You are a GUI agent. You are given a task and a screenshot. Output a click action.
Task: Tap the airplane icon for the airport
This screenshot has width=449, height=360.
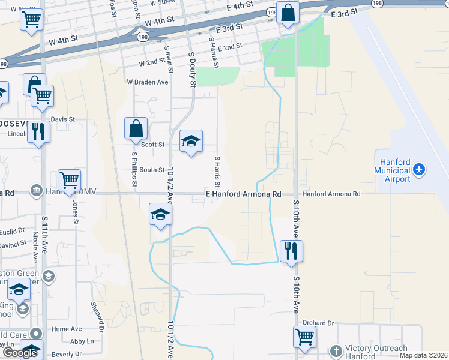pos(419,170)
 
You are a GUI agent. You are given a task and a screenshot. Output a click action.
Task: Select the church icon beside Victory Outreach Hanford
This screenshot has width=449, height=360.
pos(336,350)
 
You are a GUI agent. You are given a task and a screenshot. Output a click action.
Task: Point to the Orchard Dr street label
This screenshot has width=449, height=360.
pos(318,323)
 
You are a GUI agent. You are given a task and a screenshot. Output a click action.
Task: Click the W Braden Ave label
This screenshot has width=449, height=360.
pos(147,82)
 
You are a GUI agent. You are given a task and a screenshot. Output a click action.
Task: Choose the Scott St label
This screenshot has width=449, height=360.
pos(152,145)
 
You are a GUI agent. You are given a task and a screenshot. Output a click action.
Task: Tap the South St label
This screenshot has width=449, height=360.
pos(152,170)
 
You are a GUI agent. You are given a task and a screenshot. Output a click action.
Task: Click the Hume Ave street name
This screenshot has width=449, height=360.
pos(66,329)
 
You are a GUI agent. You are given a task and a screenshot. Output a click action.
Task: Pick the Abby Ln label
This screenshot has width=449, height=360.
pos(82,341)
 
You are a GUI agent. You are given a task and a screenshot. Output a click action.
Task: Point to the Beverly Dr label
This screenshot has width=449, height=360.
pos(67,354)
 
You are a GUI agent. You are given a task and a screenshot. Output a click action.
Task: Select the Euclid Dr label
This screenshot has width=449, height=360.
pos(13,230)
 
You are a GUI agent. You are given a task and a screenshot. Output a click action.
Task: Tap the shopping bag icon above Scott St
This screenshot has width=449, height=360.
pos(136,128)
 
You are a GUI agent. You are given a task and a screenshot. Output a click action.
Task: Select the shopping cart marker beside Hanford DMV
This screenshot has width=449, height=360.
pos(69,179)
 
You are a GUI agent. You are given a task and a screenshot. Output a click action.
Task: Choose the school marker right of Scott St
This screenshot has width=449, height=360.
pos(191,142)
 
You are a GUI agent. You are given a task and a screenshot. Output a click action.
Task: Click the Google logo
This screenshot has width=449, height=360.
pos(20,353)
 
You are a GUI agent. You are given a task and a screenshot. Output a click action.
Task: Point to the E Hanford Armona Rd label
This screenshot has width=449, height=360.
pos(243,194)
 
